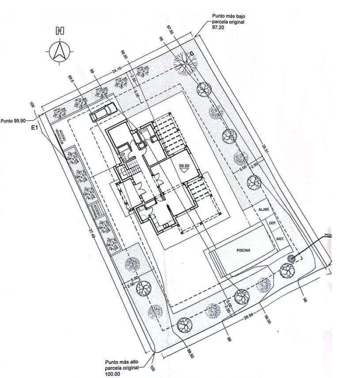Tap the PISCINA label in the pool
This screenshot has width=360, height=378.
(x=243, y=250)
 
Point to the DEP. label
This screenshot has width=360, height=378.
(x=273, y=224)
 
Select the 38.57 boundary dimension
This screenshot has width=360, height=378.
(x=265, y=150)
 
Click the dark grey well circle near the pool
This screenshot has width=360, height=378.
(x=291, y=259)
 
